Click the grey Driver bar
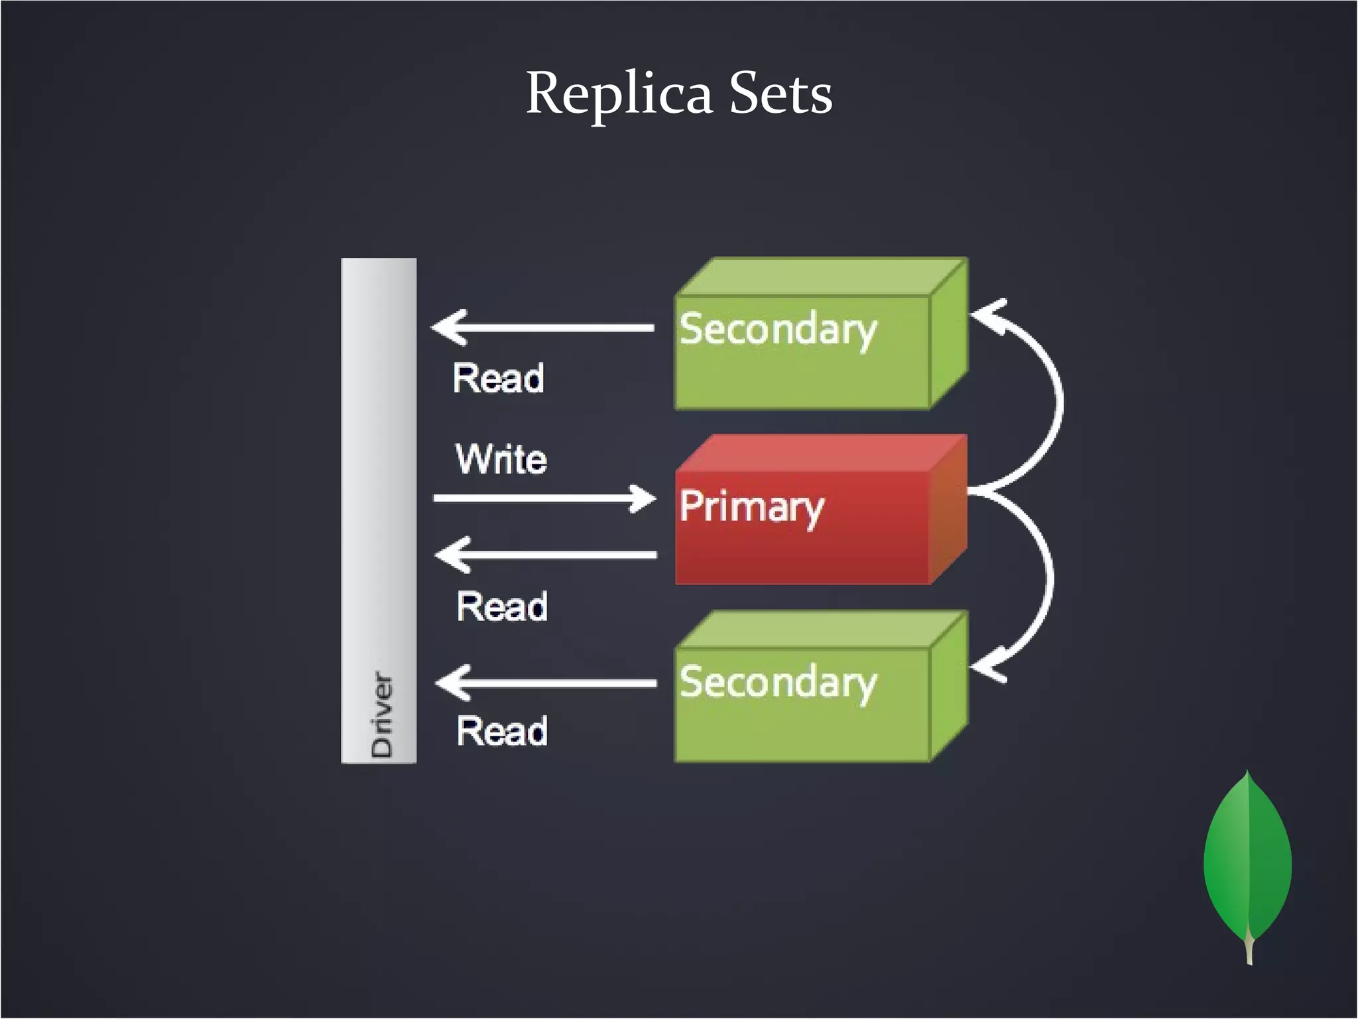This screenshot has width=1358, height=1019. (x=379, y=464)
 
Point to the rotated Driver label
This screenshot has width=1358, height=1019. (x=382, y=714)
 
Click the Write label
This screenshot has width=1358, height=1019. (x=501, y=459)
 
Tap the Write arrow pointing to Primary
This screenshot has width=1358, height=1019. (x=544, y=498)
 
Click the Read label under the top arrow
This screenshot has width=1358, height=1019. (x=499, y=378)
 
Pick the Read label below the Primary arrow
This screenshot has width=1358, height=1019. (x=502, y=606)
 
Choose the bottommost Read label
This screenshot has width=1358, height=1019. (x=502, y=731)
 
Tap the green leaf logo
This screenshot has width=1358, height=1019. (x=1247, y=862)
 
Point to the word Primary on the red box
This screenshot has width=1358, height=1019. (x=751, y=508)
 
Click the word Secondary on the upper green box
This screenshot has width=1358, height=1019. (x=778, y=330)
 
